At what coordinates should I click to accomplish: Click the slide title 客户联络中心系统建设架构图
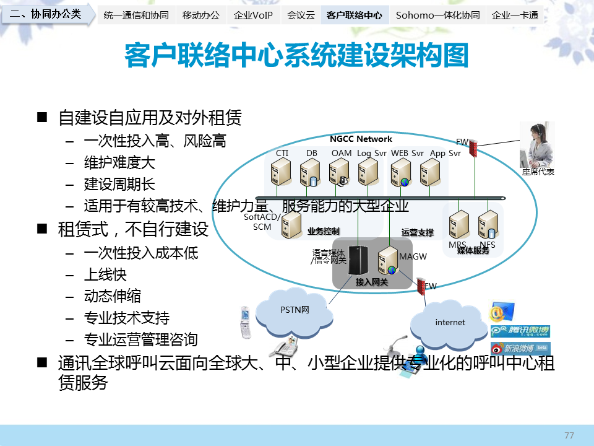coord(296,56)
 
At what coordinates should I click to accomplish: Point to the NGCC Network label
coord(361,139)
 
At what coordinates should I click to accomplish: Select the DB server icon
coord(310,173)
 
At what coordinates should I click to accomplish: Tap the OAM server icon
coord(339,173)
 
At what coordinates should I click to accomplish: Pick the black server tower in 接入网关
coord(355,260)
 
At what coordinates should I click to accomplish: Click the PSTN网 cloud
coord(295,309)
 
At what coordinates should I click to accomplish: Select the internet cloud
coord(450,322)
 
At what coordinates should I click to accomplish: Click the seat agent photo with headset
coord(536,145)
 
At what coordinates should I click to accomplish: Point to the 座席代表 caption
coord(538,172)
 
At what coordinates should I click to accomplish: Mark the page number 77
coord(569,435)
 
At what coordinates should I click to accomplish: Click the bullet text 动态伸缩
coord(112,296)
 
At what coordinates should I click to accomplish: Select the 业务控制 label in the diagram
coord(323,232)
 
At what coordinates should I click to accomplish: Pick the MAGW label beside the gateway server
coord(413,256)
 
